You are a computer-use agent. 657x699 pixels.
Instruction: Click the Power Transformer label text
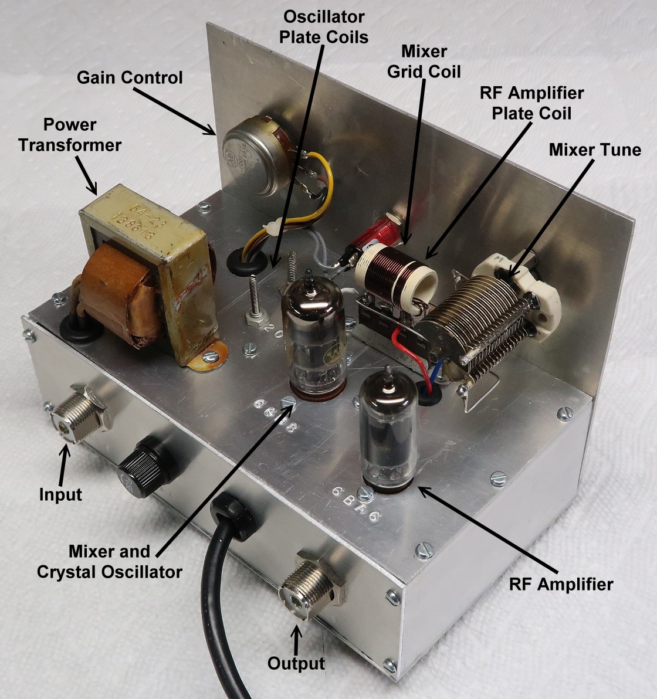[69, 135]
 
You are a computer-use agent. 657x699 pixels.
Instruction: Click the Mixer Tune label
[594, 150]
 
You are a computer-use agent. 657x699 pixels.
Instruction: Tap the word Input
[60, 494]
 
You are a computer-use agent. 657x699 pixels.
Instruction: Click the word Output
[296, 664]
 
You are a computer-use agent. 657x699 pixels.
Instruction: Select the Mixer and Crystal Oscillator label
[109, 562]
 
